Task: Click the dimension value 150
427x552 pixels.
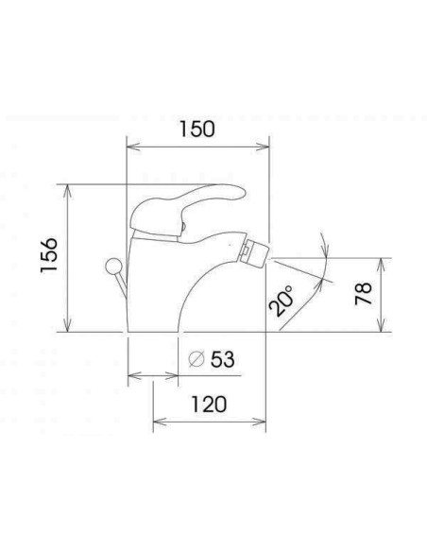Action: [197, 129]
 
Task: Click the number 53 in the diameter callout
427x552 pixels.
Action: [222, 359]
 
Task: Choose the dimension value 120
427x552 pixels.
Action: [207, 404]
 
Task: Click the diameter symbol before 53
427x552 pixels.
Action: [197, 359]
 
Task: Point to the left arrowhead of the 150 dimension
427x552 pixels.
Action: [131, 147]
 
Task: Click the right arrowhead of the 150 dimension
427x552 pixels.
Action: [265, 147]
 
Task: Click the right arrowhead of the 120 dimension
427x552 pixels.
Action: [265, 421]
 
